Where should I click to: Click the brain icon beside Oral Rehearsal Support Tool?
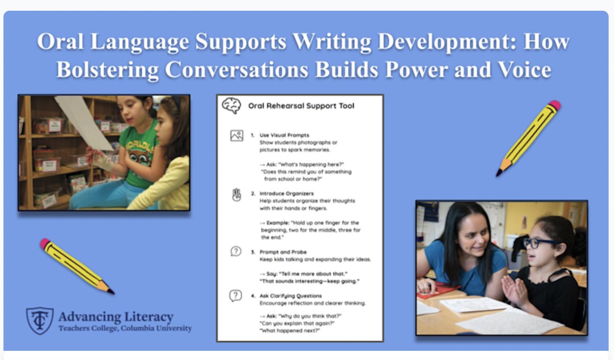coord(231,106)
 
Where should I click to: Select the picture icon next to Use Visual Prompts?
coord(236,136)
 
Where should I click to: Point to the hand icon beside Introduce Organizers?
coord(236,195)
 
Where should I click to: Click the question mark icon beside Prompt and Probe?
coord(235,252)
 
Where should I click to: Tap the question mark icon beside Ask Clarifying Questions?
coord(235,296)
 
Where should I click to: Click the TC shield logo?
coord(39,320)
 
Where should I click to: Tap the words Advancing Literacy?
coord(116,317)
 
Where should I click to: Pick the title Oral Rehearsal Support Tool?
coord(301,106)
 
